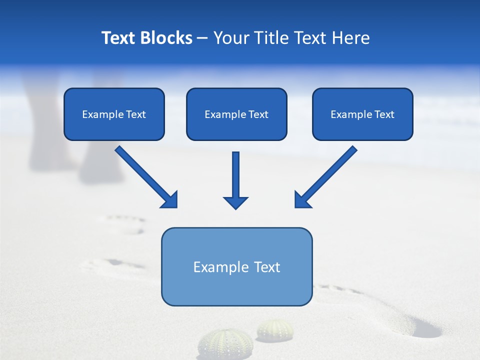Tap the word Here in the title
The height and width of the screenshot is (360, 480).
point(350,38)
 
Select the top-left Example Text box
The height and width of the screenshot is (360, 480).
point(114,114)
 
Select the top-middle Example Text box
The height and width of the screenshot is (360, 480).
point(236,114)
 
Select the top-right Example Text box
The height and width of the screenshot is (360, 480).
point(362,114)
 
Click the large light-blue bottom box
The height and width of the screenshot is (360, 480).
point(236,266)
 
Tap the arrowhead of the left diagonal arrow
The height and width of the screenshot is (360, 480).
point(170,200)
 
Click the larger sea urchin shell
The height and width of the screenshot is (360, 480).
point(218,344)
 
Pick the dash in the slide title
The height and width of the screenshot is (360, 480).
point(202,38)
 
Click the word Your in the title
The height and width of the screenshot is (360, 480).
point(231,38)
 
